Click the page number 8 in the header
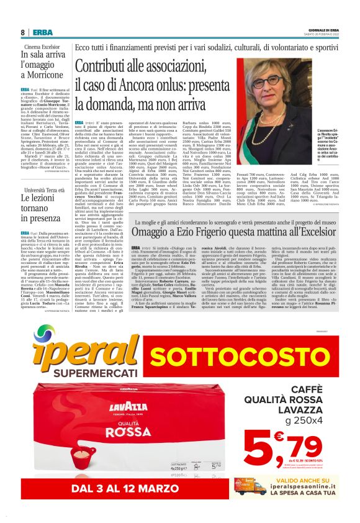[22, 32]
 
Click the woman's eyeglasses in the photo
[269, 80]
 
